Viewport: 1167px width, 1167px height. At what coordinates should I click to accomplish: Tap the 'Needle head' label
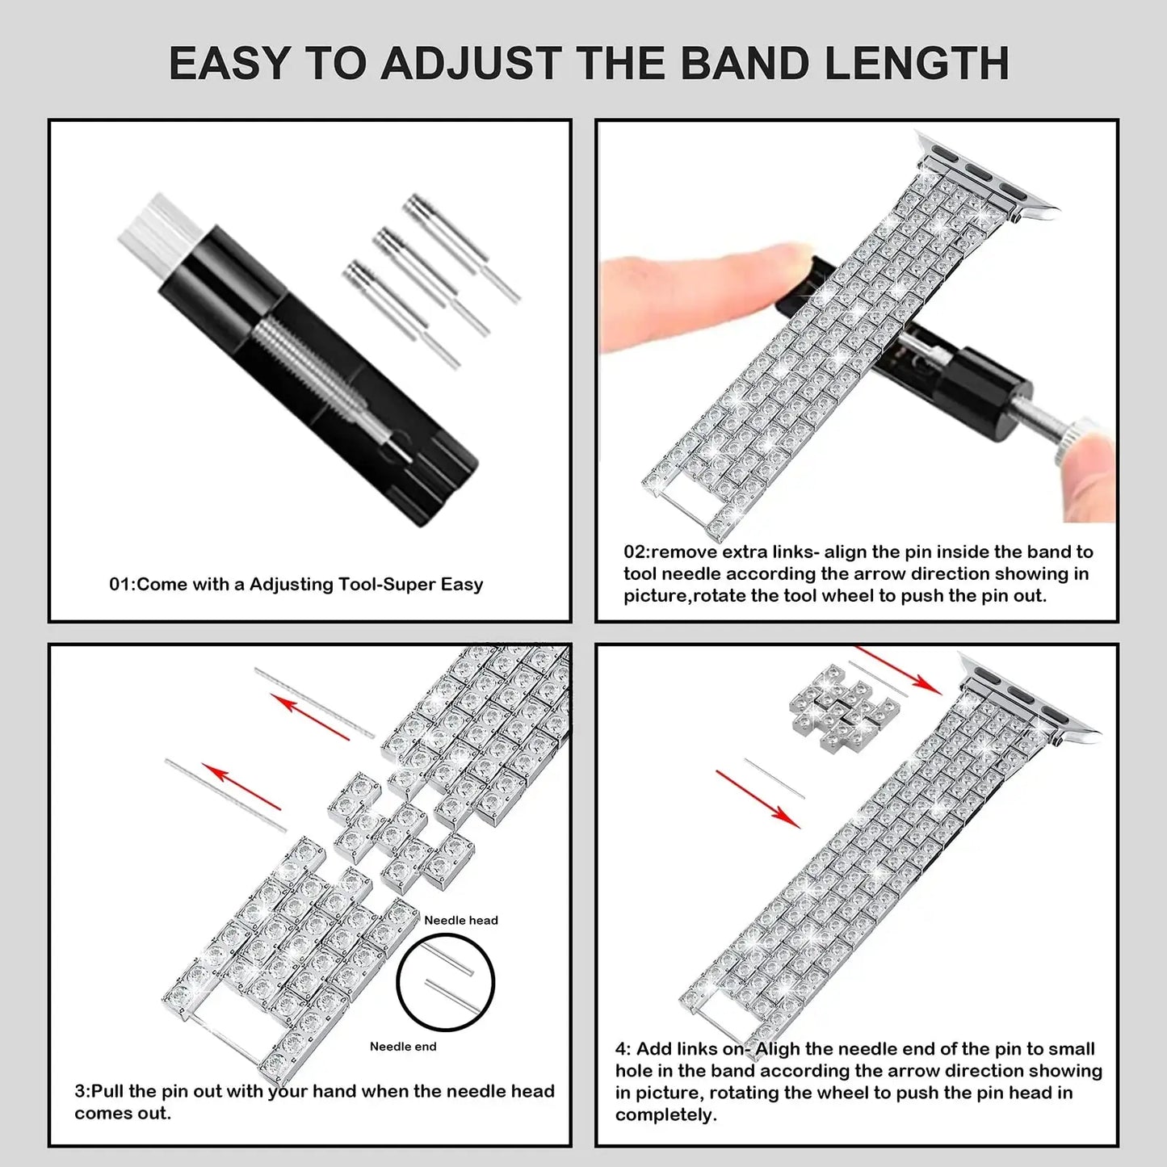coord(460,920)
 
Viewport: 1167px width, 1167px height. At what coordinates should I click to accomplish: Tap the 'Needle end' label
coord(402,1047)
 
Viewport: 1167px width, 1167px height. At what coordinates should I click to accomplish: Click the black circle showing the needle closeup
coord(445,981)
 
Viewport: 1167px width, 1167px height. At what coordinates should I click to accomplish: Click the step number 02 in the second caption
coord(634,552)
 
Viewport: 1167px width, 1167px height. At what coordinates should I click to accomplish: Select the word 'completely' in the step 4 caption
coord(664,1115)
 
